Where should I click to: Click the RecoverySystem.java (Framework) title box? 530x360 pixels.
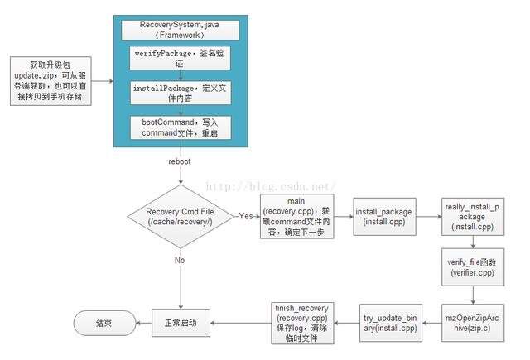(x=181, y=30)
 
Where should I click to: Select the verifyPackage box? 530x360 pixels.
(x=181, y=58)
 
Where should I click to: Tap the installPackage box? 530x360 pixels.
(x=181, y=93)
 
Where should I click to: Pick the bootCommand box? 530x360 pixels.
(x=181, y=127)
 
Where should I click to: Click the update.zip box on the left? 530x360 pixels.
(x=51, y=81)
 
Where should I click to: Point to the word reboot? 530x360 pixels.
(x=180, y=161)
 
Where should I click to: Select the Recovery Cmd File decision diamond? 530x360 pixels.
(x=181, y=217)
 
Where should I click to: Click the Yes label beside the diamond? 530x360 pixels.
(x=246, y=216)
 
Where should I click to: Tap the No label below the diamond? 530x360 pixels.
(x=180, y=260)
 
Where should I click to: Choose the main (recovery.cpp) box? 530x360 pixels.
(x=297, y=217)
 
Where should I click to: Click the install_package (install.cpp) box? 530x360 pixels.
(x=384, y=217)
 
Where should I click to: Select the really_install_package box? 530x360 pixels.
(x=473, y=217)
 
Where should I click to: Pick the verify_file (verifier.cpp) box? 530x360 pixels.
(x=473, y=267)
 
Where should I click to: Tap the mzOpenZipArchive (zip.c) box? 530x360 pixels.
(x=473, y=323)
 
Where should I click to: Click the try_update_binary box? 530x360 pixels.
(x=391, y=323)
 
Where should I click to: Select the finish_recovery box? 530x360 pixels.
(x=302, y=324)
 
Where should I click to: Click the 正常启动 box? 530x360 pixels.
(x=181, y=323)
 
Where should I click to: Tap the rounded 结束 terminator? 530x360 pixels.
(x=104, y=324)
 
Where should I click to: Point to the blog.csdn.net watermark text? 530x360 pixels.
(x=271, y=186)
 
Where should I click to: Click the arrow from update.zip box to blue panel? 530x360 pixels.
(x=103, y=81)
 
